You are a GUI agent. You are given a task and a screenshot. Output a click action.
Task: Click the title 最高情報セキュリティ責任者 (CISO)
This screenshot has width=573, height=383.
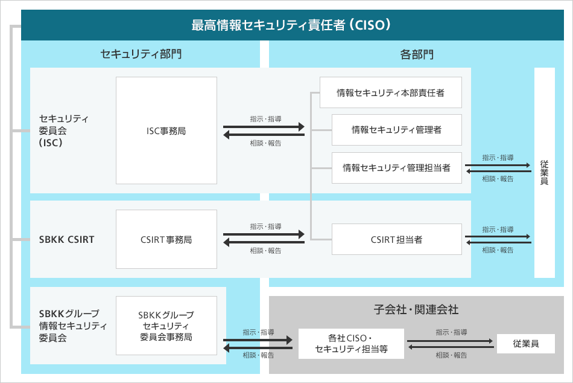pyautogui.click(x=293, y=25)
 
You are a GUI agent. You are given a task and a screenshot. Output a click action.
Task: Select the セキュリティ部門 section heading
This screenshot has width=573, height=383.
pyautogui.click(x=141, y=54)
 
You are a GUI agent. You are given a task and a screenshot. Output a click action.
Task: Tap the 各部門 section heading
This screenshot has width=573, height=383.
pyautogui.click(x=417, y=54)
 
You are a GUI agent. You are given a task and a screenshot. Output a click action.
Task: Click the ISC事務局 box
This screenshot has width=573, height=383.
pyautogui.click(x=166, y=130)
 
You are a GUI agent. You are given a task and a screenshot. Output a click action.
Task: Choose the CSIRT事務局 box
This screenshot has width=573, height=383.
pyautogui.click(x=166, y=239)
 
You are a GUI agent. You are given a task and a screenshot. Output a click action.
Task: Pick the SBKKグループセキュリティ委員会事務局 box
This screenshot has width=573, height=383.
pyautogui.click(x=166, y=326)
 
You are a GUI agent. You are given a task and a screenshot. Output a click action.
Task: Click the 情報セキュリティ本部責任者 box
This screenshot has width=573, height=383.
pyautogui.click(x=390, y=92)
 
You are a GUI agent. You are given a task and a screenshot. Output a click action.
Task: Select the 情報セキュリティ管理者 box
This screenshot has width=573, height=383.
pyautogui.click(x=396, y=130)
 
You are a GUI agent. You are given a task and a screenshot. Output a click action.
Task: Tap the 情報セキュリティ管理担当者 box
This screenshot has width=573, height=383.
pyautogui.click(x=396, y=167)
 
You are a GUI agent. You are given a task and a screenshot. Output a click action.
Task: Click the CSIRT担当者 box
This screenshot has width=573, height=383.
pyautogui.click(x=396, y=240)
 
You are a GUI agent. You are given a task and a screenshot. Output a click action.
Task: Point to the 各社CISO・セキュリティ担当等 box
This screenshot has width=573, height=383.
pyautogui.click(x=351, y=344)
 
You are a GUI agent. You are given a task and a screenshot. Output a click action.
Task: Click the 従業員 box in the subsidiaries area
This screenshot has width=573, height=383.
pyautogui.click(x=525, y=344)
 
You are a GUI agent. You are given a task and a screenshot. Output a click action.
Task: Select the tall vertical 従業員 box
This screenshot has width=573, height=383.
pyautogui.click(x=544, y=172)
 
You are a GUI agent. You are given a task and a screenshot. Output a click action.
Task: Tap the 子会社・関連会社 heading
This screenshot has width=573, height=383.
pyautogui.click(x=416, y=309)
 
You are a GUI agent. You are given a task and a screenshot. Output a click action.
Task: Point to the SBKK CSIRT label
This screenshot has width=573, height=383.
pyautogui.click(x=66, y=239)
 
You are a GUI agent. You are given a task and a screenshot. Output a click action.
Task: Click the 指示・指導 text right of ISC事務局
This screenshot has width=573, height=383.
pyautogui.click(x=265, y=118)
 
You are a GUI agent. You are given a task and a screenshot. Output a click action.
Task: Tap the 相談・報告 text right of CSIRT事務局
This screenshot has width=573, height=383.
pyautogui.click(x=265, y=251)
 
